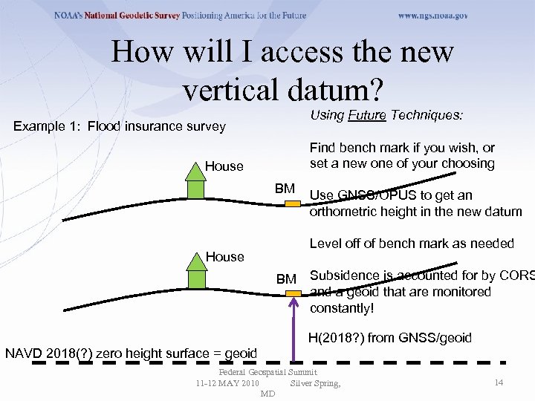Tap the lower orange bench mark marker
coord(294,294)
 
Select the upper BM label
coord(285,188)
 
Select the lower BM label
coord(286,279)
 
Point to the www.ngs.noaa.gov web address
coord(432,15)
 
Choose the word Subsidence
coord(344,276)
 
